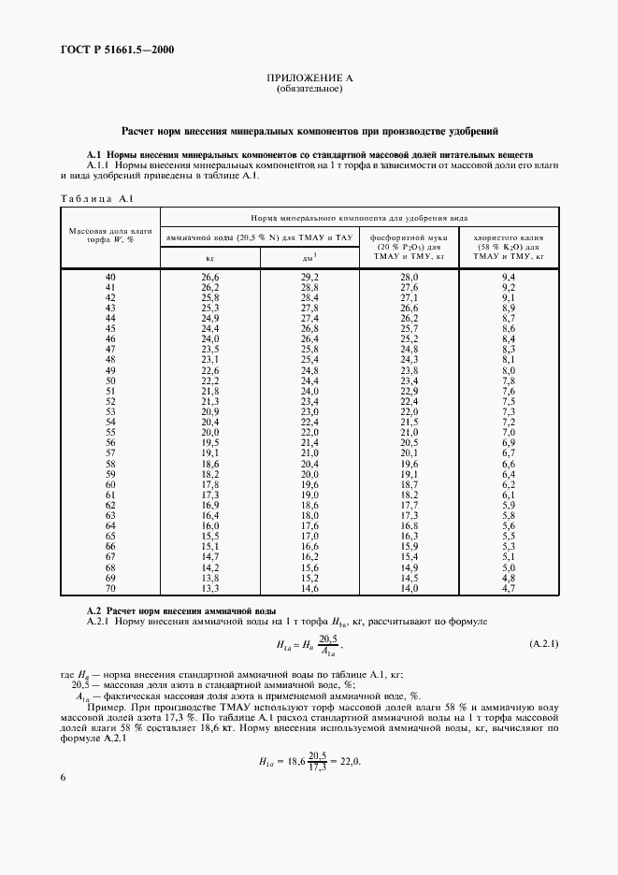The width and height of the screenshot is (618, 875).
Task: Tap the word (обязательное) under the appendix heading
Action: (x=309, y=91)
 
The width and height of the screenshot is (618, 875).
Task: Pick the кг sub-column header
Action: (x=210, y=256)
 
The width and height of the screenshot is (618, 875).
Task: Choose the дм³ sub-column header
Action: (x=309, y=256)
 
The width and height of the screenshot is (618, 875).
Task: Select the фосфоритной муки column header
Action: (x=409, y=246)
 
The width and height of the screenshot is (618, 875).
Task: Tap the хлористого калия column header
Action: (x=508, y=246)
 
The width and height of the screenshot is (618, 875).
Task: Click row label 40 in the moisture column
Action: (x=110, y=278)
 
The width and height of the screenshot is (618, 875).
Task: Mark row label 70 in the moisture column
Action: (x=110, y=588)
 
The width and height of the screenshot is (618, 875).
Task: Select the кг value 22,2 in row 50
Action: (x=210, y=381)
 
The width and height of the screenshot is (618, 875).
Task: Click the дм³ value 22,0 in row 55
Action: (x=309, y=433)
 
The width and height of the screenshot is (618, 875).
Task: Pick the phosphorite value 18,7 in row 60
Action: (x=409, y=484)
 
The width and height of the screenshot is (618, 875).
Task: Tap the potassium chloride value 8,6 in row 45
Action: (x=509, y=329)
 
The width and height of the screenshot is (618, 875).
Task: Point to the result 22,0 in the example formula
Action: (x=349, y=761)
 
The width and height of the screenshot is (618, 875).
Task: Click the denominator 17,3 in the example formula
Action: (x=321, y=767)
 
